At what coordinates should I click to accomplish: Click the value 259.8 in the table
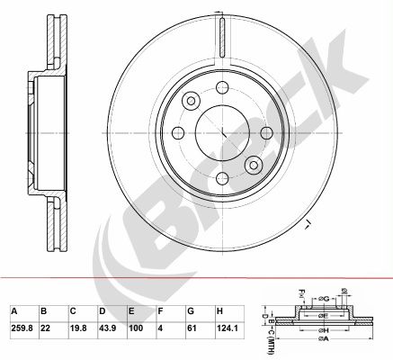click(22, 328)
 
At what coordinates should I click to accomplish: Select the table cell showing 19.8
click(78, 328)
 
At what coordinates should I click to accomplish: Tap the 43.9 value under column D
click(107, 328)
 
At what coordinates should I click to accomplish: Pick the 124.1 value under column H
click(228, 328)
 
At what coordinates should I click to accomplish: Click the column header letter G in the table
click(191, 311)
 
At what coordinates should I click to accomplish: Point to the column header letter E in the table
click(131, 311)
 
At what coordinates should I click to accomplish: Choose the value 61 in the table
click(192, 328)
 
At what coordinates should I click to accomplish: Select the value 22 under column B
click(45, 328)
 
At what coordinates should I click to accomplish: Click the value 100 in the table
click(136, 328)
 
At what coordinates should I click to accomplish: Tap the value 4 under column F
click(160, 328)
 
